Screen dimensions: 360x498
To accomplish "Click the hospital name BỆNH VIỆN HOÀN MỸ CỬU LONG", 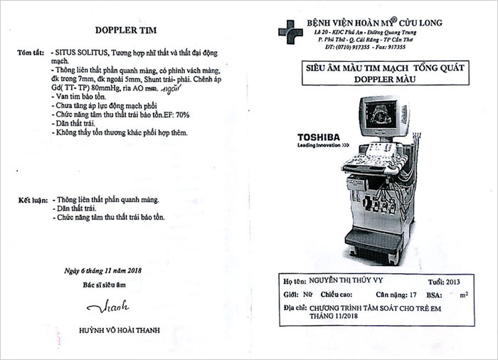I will [x=374, y=23].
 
